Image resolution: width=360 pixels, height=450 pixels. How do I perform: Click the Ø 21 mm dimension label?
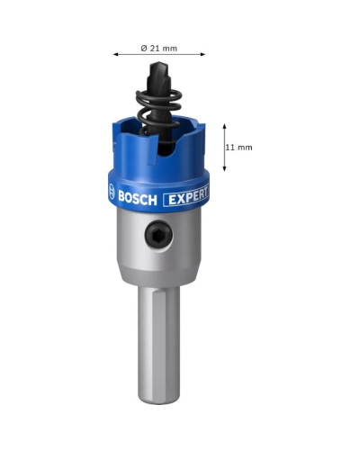pos(159,48)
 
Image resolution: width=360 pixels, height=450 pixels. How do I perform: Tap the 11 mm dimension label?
pos(238,148)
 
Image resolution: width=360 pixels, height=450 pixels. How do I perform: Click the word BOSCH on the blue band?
pos(138,198)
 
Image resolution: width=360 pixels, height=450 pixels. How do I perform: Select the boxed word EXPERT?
pos(186,197)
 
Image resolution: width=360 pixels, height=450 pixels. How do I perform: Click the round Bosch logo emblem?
pos(112,192)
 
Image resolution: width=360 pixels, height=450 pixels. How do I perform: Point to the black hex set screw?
pos(158,234)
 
